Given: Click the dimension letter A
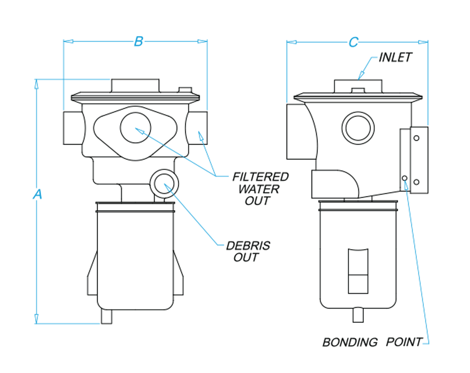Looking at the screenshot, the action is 37,194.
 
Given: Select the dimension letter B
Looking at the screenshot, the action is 138,41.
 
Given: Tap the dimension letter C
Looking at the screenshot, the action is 353,42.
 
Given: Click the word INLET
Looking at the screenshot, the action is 395,57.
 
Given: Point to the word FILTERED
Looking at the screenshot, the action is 260,177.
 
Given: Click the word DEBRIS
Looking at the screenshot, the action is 248,246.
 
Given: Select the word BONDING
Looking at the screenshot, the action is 350,342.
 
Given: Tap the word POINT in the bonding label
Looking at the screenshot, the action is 404,342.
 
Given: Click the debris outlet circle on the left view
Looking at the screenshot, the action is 164,184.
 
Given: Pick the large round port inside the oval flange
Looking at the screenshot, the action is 135,128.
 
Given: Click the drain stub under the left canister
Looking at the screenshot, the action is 107,317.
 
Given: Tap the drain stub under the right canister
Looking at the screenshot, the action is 358,315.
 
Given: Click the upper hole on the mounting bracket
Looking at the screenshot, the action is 416,138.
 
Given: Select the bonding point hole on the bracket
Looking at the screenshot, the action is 404,178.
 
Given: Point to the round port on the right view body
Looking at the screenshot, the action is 358,128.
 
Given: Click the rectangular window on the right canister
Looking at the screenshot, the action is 358,271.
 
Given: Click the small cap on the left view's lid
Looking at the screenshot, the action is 185,90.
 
